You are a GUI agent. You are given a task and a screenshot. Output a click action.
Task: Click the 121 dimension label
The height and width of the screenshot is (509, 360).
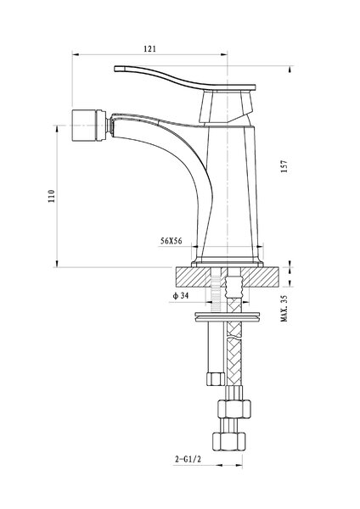pos(149,48)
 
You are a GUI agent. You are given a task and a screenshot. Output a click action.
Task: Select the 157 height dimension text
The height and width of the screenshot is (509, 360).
pos(284,166)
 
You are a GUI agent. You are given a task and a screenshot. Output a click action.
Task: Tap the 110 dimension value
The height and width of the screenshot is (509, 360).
pos(52,196)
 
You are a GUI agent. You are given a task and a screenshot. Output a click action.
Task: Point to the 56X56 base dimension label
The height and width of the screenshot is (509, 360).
pos(172,241)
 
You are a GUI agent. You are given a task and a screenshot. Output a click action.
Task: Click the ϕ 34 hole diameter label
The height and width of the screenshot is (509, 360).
pos(180,295)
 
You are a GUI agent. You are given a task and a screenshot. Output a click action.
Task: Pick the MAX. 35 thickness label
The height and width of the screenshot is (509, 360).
pos(284,309)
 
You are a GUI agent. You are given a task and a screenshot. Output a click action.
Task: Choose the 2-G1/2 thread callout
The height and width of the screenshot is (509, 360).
pos(188,459)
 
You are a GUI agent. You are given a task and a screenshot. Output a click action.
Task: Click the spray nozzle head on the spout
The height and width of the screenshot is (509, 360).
pos(88,126)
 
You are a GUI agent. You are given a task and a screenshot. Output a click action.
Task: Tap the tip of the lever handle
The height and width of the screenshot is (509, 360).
pos(115,69)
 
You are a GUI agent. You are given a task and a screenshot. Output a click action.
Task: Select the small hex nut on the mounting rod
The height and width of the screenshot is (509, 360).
pos(216,379)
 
